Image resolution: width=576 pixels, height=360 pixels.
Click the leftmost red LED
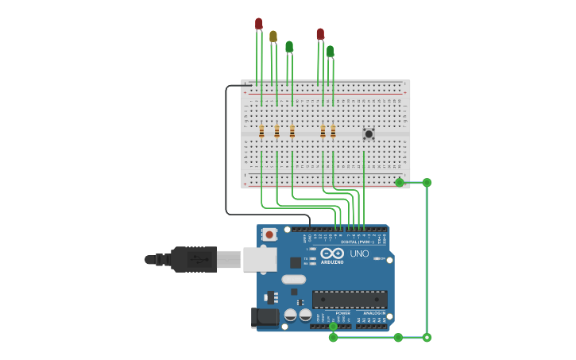pos(258,24)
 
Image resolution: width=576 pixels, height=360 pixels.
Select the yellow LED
pos(273,36)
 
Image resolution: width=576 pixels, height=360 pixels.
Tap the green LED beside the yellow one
pos(289,47)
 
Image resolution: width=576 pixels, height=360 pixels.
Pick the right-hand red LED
pos(320,33)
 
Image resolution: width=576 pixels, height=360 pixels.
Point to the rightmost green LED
pos(330,51)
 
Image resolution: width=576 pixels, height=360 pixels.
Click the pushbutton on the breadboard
pos(369,134)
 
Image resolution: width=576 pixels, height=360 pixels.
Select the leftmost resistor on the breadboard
pos(261,131)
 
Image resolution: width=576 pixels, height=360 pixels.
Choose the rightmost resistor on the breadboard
pos(333,131)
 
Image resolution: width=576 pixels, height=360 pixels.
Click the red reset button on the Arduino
pos(270,234)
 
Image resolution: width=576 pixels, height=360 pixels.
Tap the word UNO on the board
pos(359,254)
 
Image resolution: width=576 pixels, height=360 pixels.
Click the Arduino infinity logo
pos(332,253)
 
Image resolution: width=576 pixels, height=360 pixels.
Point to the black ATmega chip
pos(350,300)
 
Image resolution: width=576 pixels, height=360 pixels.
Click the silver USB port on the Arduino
pos(260,259)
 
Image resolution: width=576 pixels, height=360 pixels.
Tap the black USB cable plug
pos(193,259)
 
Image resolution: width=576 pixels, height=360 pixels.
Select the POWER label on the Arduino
pos(342,313)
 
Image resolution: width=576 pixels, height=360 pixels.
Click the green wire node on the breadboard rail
pos(400,183)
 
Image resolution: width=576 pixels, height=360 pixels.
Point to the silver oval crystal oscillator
pos(293,279)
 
